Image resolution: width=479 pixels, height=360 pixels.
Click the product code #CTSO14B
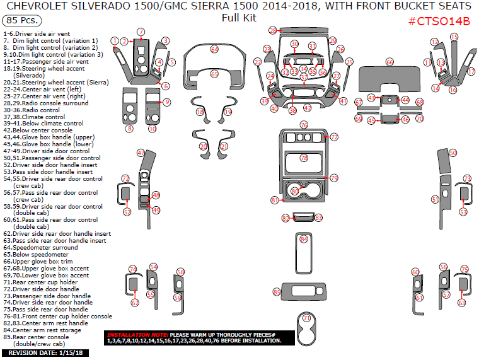[439, 21]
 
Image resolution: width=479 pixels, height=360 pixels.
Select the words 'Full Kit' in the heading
[239, 17]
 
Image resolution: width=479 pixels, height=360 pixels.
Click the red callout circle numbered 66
[390, 62]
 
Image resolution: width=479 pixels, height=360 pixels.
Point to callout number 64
[214, 49]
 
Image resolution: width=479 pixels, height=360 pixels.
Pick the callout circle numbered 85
[276, 292]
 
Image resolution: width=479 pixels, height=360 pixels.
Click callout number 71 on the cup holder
[307, 318]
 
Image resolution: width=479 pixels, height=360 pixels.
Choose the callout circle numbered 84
[304, 239]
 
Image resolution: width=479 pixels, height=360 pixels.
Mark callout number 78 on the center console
[304, 158]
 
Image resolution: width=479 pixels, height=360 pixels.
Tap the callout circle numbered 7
[141, 32]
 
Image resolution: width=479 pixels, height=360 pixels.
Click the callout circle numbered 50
[453, 153]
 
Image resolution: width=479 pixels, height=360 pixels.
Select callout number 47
[141, 153]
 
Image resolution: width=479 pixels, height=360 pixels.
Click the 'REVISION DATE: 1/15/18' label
[45, 353]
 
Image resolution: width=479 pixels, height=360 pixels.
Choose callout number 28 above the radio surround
[272, 30]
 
